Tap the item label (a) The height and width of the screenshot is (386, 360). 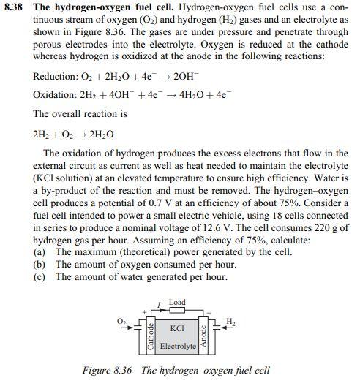[x=41, y=252]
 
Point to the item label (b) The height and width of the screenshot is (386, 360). [x=41, y=265]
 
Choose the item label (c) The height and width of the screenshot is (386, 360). [x=41, y=277]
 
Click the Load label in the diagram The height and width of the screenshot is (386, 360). [x=176, y=302]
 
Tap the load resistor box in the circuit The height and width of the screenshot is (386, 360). [x=176, y=311]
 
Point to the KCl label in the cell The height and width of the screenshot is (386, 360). [x=176, y=329]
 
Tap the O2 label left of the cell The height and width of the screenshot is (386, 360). [x=121, y=322]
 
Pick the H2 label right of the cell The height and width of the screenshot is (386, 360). [x=230, y=322]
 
